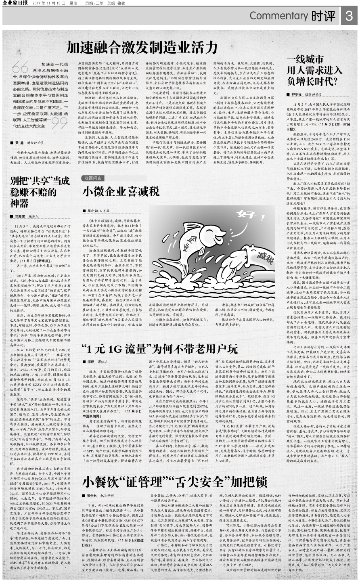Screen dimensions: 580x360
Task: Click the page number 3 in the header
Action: pyautogui.click(x=349, y=16)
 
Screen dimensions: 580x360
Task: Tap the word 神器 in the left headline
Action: pyautogui.click(x=20, y=203)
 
